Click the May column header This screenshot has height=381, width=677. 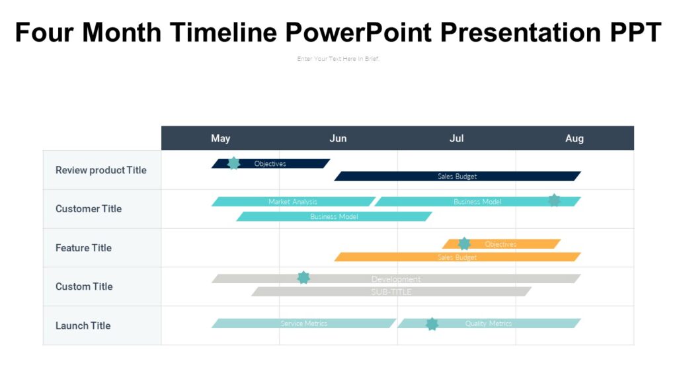click(220, 138)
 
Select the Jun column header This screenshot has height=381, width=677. click(338, 138)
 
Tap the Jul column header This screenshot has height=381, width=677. click(456, 138)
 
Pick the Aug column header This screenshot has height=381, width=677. click(574, 138)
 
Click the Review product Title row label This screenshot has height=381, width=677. click(100, 170)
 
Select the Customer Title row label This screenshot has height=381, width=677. click(89, 209)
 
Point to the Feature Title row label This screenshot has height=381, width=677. click(83, 248)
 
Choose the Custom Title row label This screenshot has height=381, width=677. click(84, 286)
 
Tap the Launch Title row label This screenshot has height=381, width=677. click(83, 325)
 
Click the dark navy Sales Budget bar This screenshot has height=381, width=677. click(457, 177)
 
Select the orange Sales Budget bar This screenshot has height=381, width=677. click(457, 257)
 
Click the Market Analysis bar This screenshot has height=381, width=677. click(293, 202)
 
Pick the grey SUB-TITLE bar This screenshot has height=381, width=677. click(391, 292)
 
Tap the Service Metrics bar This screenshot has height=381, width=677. click(303, 323)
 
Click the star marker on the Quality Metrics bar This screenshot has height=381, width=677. click(432, 323)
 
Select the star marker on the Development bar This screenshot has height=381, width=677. click(303, 278)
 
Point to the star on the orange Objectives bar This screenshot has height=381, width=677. click(465, 243)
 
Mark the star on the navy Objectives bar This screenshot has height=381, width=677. click(233, 163)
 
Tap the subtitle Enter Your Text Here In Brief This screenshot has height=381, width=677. click(338, 59)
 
